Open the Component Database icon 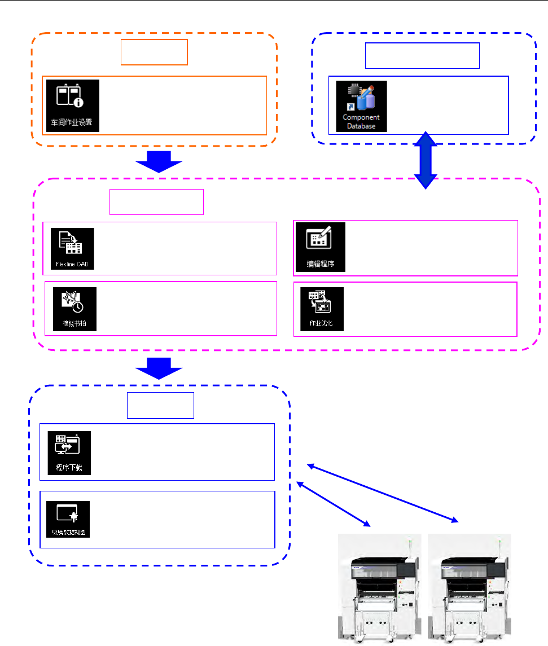tap(361, 106)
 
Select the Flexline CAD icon tap(72, 248)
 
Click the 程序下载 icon tap(69, 452)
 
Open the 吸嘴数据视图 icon tap(69, 519)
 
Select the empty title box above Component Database tap(423, 55)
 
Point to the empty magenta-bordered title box tap(156, 203)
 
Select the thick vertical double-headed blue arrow tap(426, 161)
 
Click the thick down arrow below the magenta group tap(159, 368)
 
